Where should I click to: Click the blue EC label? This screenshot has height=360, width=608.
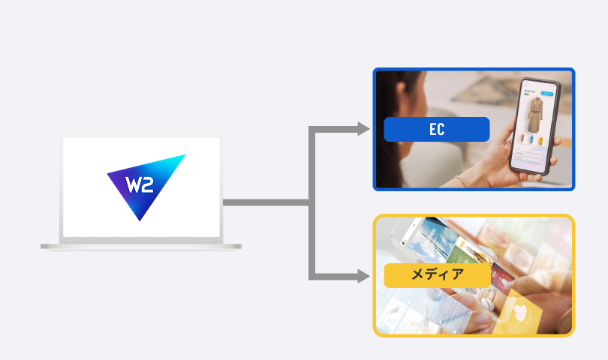[x=436, y=129]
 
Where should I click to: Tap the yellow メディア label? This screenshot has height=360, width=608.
[x=436, y=274]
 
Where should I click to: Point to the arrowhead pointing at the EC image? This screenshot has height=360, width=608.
[x=364, y=129]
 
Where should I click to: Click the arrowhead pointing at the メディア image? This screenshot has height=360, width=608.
[x=364, y=277]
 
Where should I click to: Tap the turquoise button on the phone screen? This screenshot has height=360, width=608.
[x=547, y=94]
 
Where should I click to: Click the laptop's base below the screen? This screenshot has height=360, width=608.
[x=141, y=245]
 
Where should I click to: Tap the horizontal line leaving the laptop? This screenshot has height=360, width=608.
[x=263, y=202]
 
